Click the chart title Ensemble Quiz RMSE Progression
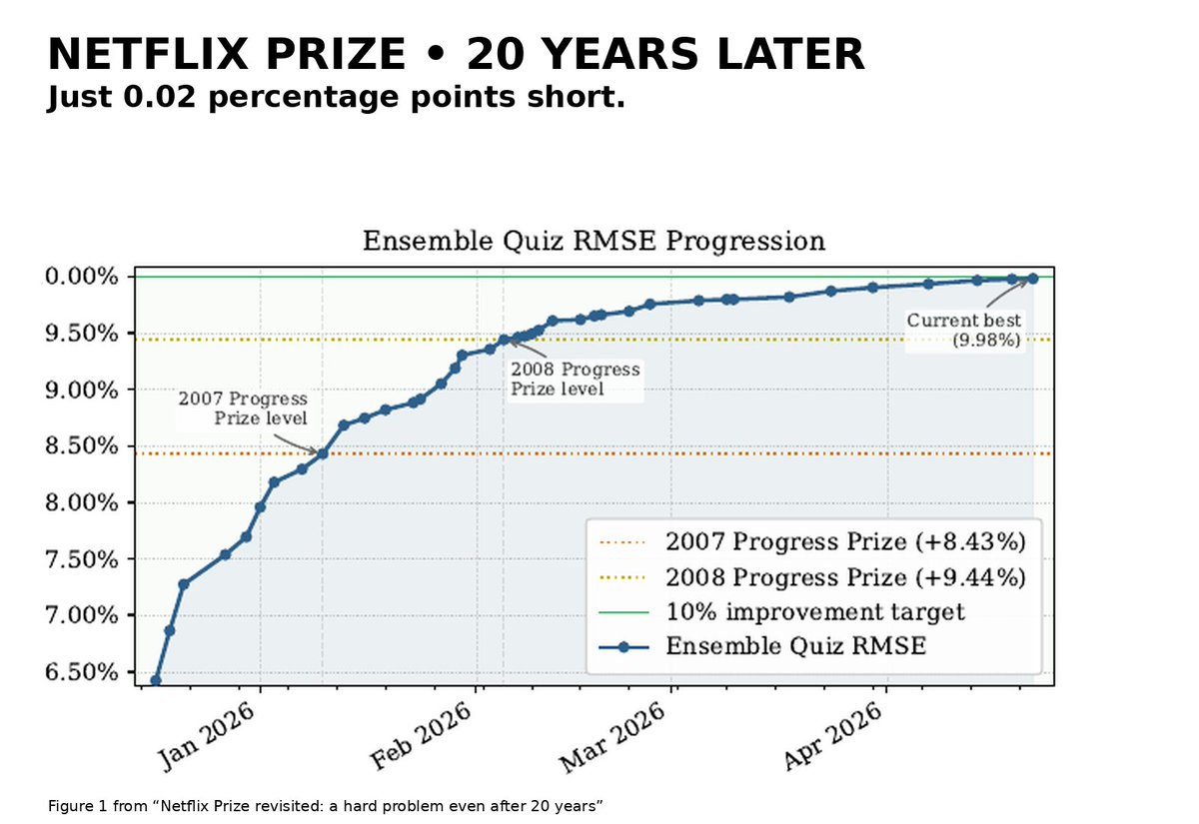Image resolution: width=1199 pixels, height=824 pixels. tap(594, 241)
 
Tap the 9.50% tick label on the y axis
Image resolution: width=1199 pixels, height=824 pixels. tap(81, 334)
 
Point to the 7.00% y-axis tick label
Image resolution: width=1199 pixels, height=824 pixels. tap(81, 615)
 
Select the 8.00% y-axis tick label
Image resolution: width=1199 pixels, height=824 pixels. tap(81, 503)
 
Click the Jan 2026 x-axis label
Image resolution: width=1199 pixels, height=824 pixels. tap(206, 736)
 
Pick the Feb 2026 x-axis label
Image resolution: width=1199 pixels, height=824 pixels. tap(422, 736)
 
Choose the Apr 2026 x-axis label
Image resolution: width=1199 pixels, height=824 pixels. tap(833, 736)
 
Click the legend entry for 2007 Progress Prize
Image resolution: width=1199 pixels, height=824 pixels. tap(812, 541)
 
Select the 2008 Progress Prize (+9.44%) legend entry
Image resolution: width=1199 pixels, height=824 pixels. tap(812, 577)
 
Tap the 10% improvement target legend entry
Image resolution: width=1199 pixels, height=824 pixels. tap(782, 611)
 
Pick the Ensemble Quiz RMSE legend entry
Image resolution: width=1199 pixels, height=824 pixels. tap(762, 646)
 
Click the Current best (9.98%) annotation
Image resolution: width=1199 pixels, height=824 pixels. tap(964, 331)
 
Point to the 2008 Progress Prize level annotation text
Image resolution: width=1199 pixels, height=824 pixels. tap(576, 379)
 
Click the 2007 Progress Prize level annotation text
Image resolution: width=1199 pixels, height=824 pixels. tap(243, 409)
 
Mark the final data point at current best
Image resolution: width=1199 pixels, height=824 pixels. tap(1032, 279)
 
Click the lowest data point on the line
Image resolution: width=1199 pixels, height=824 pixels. tap(156, 681)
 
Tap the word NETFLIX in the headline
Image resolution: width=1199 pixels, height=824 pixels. tap(148, 54)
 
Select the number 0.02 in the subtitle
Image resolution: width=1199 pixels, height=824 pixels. tap(160, 98)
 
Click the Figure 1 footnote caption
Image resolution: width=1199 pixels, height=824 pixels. tap(326, 806)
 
